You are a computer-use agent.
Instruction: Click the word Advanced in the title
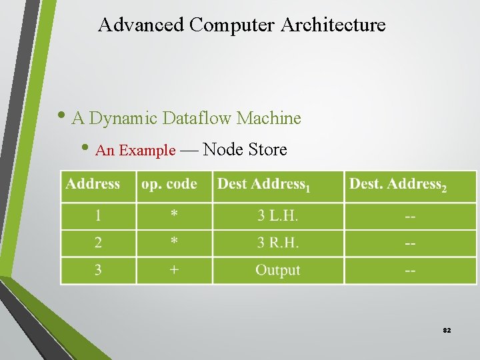pos(141,25)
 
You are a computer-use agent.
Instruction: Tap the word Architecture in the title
pos(333,25)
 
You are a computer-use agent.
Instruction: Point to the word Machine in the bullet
pos(269,119)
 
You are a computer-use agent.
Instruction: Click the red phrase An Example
pos(135,151)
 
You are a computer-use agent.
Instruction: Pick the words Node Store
pos(245,150)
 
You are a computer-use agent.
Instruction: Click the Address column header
pos(93,184)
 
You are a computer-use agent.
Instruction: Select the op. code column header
pos(169,184)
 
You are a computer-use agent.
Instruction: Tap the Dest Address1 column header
pos(264,185)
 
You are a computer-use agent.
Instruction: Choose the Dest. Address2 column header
pos(398,185)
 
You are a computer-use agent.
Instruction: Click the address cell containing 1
pos(98,216)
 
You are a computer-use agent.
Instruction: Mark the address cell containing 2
pos(98,243)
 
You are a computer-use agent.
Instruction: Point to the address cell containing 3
pos(98,271)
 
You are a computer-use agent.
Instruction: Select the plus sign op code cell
pos(173,271)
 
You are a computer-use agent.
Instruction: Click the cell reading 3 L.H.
pos(278,216)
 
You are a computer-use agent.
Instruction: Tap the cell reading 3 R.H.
pos(278,243)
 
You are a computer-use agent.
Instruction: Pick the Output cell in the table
pos(278,271)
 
